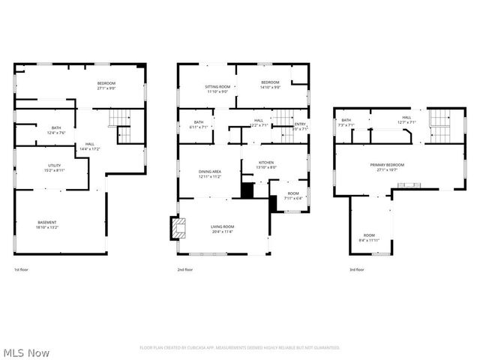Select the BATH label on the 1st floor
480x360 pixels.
coord(56,128)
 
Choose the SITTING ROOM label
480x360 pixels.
coord(217,87)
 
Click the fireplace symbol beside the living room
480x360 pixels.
coord(178,228)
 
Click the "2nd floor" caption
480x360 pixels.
coord(186,269)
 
